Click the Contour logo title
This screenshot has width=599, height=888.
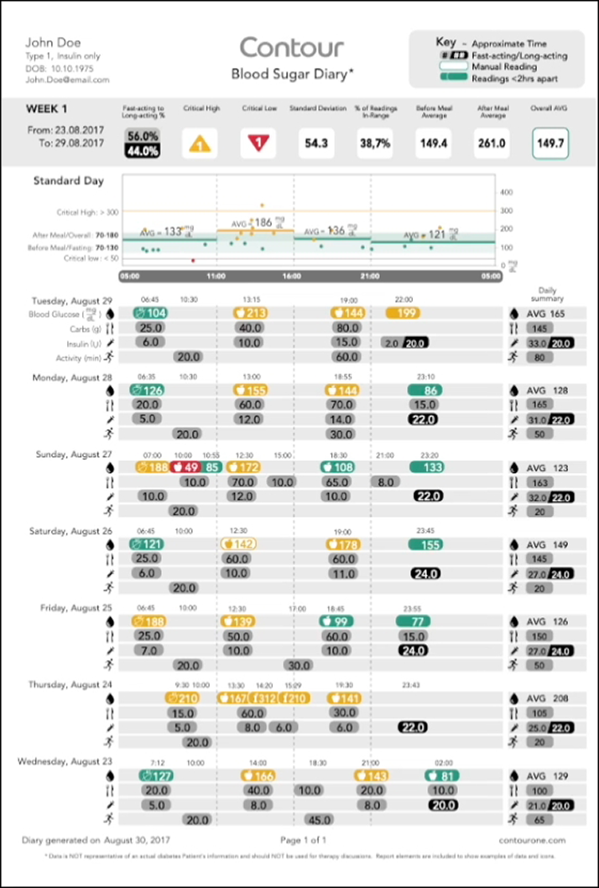[292, 47]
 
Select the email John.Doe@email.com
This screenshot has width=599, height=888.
[67, 80]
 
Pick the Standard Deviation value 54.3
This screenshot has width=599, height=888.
[316, 144]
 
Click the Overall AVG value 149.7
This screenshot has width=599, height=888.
[550, 144]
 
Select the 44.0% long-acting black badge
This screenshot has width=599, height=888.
[143, 152]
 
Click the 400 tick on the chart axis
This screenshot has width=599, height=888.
[506, 192]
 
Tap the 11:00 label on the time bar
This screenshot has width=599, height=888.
[216, 275]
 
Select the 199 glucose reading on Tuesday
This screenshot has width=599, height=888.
[407, 313]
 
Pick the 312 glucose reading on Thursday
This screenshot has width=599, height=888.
[264, 698]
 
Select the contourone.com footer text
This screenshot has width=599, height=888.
[536, 839]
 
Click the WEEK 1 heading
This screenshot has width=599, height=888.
[48, 109]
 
